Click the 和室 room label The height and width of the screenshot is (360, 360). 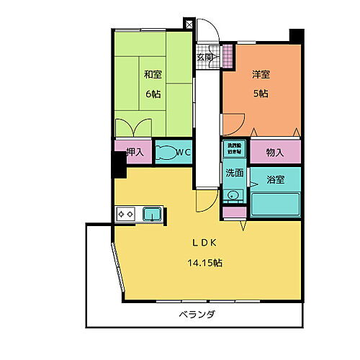(x=151, y=74)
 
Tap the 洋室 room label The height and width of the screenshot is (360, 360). (x=261, y=74)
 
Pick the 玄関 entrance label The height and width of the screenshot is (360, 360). (x=204, y=58)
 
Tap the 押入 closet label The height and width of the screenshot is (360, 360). (x=135, y=152)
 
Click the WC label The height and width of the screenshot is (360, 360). (x=182, y=152)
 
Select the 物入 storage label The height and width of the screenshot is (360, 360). (x=275, y=152)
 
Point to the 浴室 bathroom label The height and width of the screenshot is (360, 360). (x=275, y=180)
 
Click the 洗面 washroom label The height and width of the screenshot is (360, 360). (x=233, y=173)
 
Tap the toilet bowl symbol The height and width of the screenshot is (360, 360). (x=166, y=153)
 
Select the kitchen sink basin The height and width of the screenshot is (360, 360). (x=153, y=213)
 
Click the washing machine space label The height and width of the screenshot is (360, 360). (x=233, y=149)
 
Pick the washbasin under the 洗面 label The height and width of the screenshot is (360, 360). (x=233, y=194)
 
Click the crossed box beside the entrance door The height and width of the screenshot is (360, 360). (x=189, y=24)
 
